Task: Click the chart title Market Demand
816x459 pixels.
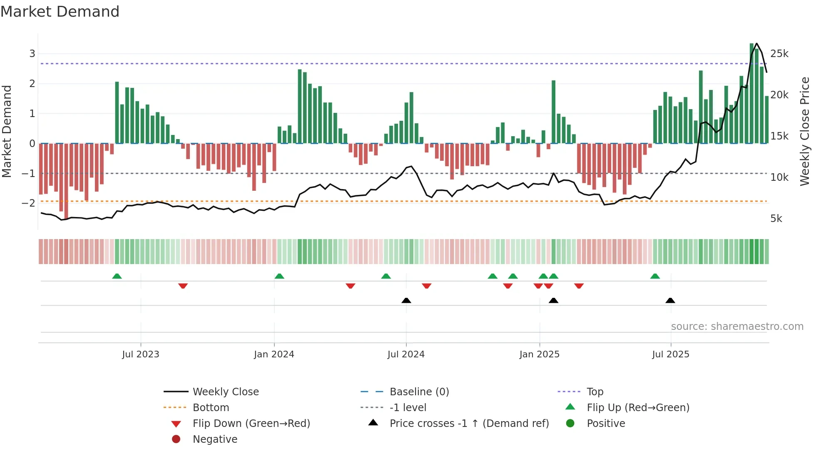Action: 60,12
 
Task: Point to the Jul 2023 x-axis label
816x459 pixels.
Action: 140,354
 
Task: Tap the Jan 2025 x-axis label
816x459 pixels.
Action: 539,354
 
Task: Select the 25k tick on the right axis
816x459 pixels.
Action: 779,54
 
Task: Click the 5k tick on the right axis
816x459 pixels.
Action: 776,219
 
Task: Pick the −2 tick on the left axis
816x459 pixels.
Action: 28,203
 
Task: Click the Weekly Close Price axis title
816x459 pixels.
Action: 804,131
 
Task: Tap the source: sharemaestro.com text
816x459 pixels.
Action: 737,327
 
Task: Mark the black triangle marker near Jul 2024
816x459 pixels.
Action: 406,300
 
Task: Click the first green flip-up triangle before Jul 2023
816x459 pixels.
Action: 117,276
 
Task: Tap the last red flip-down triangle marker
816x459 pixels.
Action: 579,286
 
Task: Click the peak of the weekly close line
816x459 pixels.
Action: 756,43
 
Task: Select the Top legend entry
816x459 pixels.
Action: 595,392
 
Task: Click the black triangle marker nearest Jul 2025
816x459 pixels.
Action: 670,300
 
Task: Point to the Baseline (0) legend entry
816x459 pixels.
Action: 419,392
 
